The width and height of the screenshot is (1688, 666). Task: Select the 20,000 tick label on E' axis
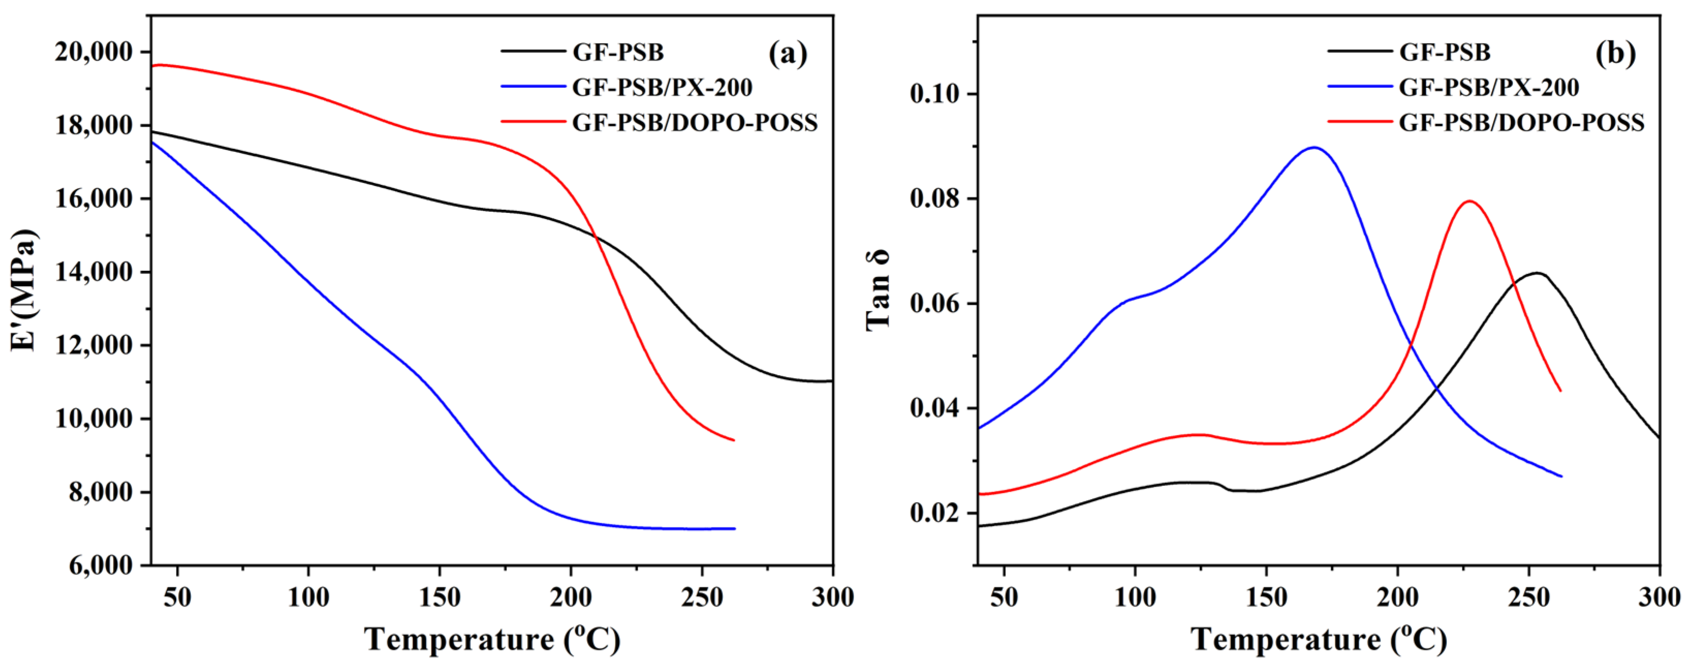pyautogui.click(x=93, y=52)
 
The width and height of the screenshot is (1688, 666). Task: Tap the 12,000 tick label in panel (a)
pyautogui.click(x=93, y=346)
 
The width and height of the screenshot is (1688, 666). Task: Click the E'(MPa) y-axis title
pyautogui.click(x=25, y=290)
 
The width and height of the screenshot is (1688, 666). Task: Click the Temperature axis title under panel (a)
pyautogui.click(x=492, y=639)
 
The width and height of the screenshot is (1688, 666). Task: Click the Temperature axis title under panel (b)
pyautogui.click(x=1318, y=639)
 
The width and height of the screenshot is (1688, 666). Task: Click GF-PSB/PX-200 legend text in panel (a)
pyautogui.click(x=662, y=87)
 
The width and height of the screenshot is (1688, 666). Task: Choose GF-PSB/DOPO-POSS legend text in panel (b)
pyautogui.click(x=1522, y=122)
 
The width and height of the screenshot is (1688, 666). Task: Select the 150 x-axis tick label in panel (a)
pyautogui.click(x=439, y=598)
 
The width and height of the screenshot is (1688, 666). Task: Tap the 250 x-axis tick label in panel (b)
pyautogui.click(x=1528, y=598)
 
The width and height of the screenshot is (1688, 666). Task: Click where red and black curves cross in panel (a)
pyautogui.click(x=596, y=237)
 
